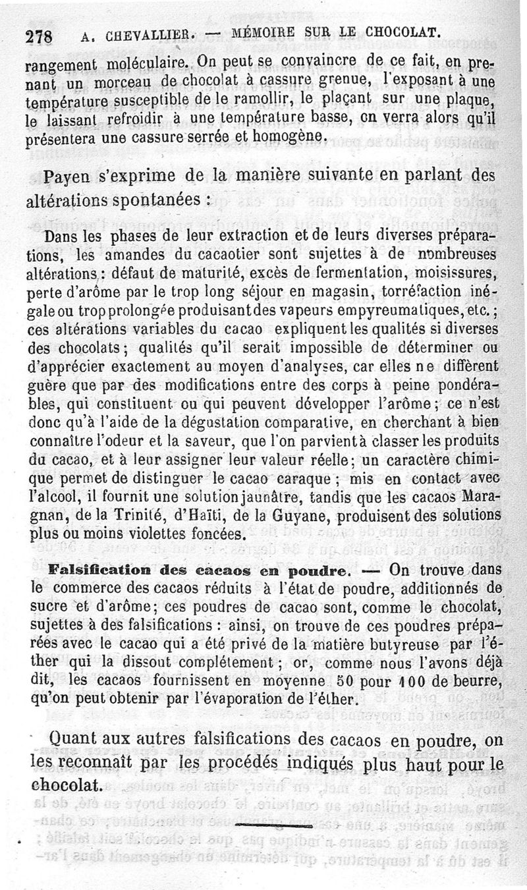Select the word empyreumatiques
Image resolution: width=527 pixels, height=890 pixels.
point(372,309)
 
